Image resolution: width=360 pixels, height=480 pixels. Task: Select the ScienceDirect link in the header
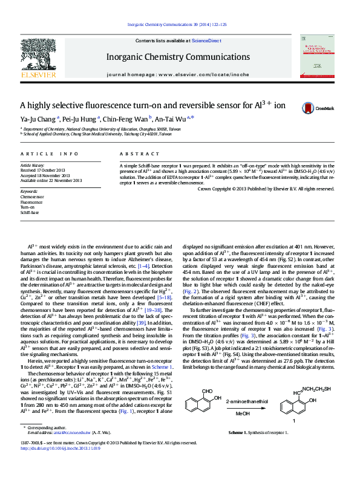[206, 41]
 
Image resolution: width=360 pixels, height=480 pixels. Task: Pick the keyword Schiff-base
[30, 213]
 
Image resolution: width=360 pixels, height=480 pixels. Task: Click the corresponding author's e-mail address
[71, 450]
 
